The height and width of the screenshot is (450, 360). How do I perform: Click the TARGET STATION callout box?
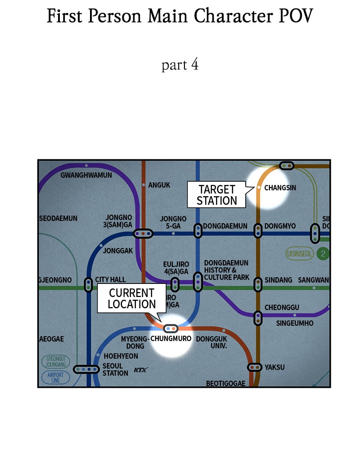tap(216, 195)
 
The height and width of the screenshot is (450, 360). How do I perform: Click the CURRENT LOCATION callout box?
tap(132, 298)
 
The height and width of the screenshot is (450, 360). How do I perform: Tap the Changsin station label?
tap(280, 188)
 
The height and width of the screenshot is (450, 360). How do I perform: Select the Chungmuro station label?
tap(171, 338)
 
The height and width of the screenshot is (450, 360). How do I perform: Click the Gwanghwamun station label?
tap(86, 175)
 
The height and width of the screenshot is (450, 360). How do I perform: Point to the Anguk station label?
tap(159, 185)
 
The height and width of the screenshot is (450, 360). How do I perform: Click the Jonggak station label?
tap(118, 251)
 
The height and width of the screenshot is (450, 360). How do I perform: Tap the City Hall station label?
tap(110, 279)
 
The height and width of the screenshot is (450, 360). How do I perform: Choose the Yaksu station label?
tap(274, 367)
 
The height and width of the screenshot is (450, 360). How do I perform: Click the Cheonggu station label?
tap(282, 307)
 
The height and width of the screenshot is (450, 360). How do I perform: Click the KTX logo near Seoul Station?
tap(141, 370)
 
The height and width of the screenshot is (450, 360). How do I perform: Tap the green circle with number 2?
tap(323, 254)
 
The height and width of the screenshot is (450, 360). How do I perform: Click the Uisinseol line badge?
tap(299, 254)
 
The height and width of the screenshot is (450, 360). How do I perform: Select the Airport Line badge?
tap(55, 377)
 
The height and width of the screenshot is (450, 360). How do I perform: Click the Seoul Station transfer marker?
tap(86, 369)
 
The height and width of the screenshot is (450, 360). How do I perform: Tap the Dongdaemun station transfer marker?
tap(198, 231)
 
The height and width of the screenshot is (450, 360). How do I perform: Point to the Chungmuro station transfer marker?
tap(171, 328)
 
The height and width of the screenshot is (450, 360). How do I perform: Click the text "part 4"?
tap(180, 65)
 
